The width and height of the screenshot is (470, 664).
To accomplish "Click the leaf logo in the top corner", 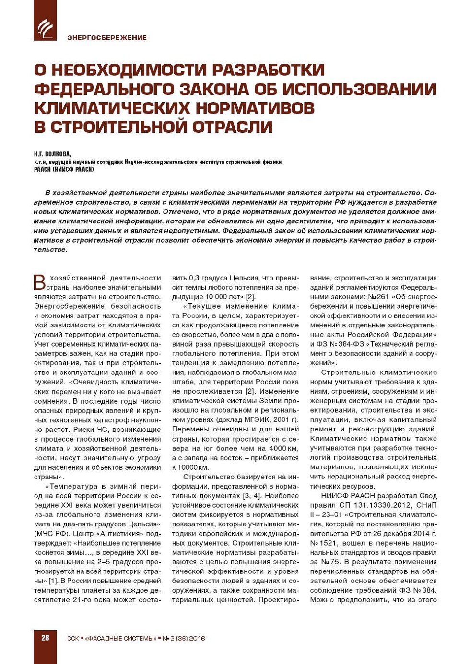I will tap(45, 27).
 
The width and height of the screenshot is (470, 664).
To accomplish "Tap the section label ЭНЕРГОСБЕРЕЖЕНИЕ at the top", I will tap(107, 38).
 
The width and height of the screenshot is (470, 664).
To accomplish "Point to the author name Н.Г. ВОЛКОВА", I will tap(52, 154).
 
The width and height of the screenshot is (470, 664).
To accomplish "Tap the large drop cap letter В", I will tap(40, 282).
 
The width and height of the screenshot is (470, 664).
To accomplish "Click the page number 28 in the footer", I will tap(45, 638).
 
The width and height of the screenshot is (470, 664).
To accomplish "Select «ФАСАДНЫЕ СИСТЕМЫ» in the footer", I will tap(120, 638).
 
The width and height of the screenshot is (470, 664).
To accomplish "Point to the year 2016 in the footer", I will tap(196, 638).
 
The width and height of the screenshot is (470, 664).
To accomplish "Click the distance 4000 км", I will tap(283, 448).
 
